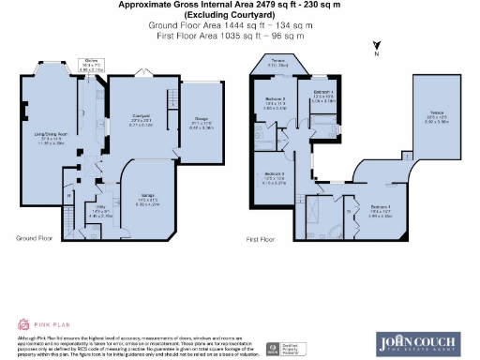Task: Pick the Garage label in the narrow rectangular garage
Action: pos(201,120)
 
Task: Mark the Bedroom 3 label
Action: pos(274,177)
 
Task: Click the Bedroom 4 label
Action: pos(322,94)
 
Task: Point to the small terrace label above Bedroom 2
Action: pos(277,63)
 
